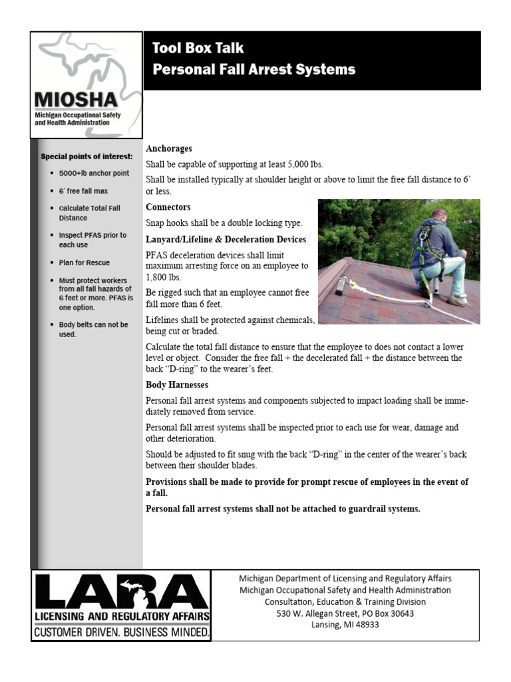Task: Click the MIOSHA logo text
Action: [76, 101]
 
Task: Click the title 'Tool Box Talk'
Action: [198, 48]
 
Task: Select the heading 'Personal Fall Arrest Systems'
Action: [254, 69]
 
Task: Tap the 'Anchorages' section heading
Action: [169, 149]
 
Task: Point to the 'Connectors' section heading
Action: [168, 207]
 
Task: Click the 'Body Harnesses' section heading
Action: [177, 385]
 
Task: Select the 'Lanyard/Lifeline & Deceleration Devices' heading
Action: [226, 239]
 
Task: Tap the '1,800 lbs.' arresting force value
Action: [163, 277]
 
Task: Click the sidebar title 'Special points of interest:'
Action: [86, 157]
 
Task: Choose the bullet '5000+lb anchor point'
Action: [94, 173]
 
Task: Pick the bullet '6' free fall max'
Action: [83, 191]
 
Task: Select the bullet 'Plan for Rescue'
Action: [85, 262]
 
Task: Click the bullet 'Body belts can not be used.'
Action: [93, 329]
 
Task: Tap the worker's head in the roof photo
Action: [438, 217]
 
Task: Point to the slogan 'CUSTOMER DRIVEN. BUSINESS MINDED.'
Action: [122, 631]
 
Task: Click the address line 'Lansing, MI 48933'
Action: [345, 625]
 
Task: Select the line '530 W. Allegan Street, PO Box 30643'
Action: [345, 613]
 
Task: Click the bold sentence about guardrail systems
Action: [283, 509]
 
